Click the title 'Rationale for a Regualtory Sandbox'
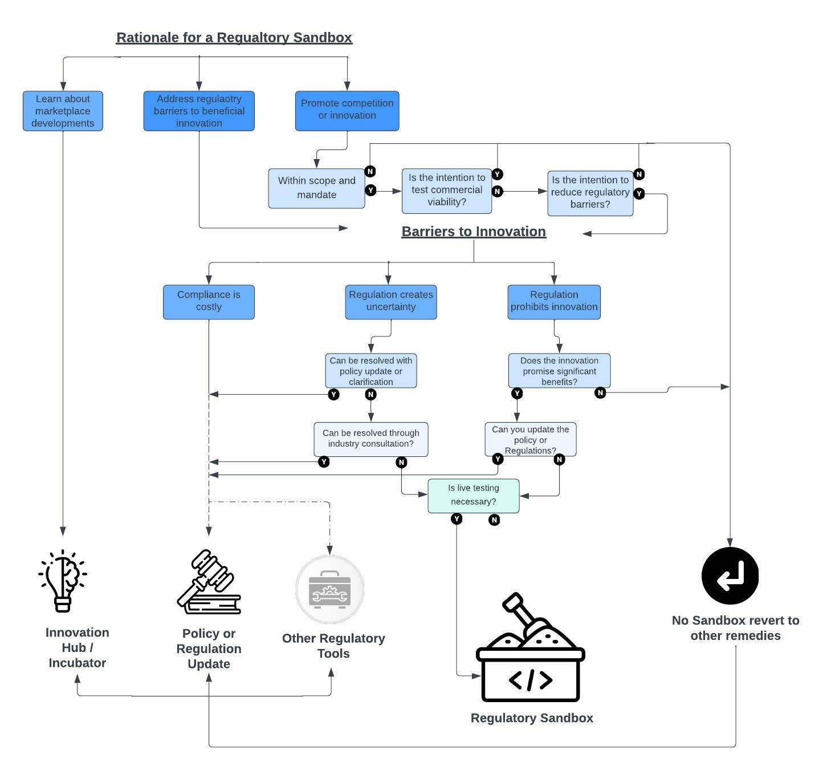(234, 38)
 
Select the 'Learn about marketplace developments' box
(63, 111)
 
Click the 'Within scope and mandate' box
(316, 188)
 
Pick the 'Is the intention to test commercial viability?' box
(446, 191)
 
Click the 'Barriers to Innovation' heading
(473, 232)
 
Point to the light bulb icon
(63, 581)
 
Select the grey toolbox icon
(329, 589)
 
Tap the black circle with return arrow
(730, 576)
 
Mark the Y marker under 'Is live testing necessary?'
(457, 519)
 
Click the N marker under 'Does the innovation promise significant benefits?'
(600, 393)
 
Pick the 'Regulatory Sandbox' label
(532, 718)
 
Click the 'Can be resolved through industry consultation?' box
(370, 439)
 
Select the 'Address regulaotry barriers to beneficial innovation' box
(198, 111)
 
